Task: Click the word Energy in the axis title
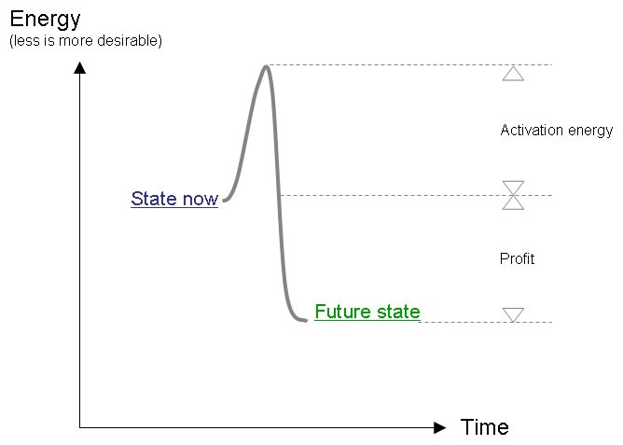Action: tap(45, 20)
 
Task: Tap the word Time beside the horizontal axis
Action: tap(484, 427)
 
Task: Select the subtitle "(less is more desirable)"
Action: tap(86, 40)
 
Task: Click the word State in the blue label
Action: tap(153, 198)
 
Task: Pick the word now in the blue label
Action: tap(201, 200)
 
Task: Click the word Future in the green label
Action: tap(342, 311)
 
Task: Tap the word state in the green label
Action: tap(398, 312)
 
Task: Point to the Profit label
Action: tap(517, 258)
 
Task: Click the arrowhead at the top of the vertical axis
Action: tap(80, 67)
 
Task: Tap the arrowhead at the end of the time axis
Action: tap(440, 427)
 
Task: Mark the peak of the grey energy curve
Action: tap(266, 66)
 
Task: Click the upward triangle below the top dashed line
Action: tap(513, 74)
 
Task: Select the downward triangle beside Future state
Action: tap(513, 314)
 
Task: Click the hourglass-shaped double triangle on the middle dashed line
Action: tap(513, 195)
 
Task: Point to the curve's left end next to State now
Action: tap(225, 201)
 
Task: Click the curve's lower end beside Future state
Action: tap(305, 320)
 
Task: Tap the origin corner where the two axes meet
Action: tap(80, 427)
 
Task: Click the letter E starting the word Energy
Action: tap(16, 19)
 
